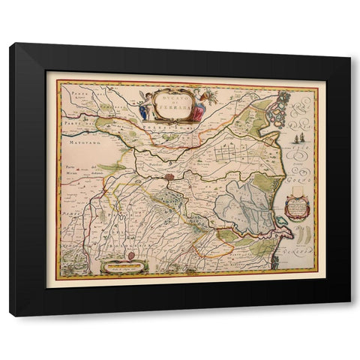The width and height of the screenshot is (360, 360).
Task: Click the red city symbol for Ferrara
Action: [170, 178]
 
